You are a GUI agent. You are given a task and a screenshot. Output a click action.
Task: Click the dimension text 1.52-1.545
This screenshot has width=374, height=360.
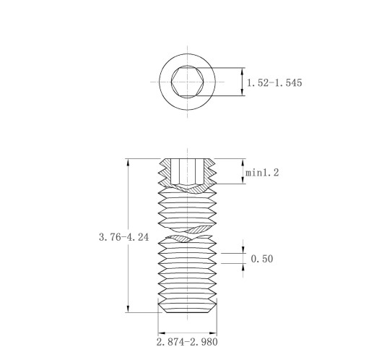pyautogui.click(x=274, y=83)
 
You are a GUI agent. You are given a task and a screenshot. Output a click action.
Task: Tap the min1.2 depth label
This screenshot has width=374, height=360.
pyautogui.click(x=262, y=173)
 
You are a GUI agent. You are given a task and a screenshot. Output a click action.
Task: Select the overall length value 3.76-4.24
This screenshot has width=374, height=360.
pyautogui.click(x=124, y=237)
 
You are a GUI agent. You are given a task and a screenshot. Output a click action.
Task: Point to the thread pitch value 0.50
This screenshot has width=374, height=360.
pyautogui.click(x=262, y=259)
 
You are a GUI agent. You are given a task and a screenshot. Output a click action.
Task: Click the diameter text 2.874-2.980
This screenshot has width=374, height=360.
pyautogui.click(x=187, y=342)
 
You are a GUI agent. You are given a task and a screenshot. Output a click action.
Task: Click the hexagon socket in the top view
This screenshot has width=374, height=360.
pyautogui.click(x=188, y=82)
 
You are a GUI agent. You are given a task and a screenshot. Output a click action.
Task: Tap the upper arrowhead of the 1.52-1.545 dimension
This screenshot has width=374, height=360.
pyautogui.click(x=243, y=72)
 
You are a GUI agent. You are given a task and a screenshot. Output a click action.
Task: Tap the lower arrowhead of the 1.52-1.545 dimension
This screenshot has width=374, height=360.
pyautogui.click(x=243, y=92)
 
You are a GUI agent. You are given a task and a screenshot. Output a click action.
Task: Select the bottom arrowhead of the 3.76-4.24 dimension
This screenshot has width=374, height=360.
pyautogui.click(x=128, y=309)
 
